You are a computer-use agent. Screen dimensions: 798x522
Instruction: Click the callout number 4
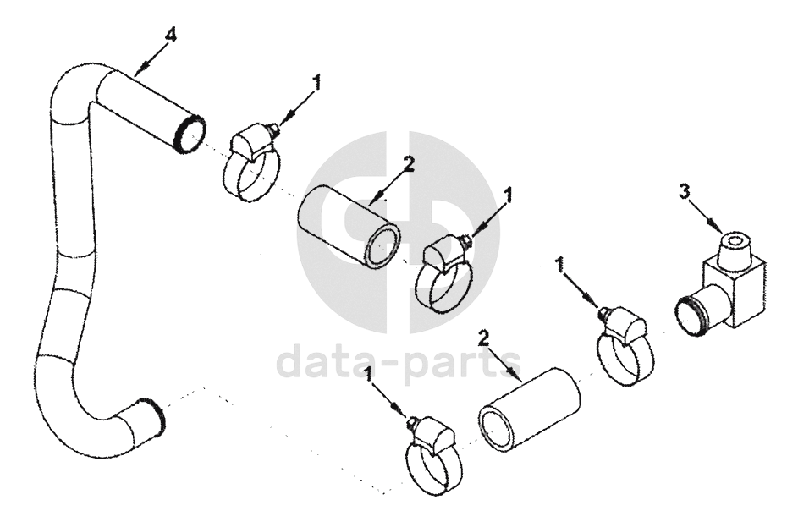(x=172, y=36)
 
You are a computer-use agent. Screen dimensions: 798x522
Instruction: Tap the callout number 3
(x=685, y=192)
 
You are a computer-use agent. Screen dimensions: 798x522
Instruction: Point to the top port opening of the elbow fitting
(x=735, y=240)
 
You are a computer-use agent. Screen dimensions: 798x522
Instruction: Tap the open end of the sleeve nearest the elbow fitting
(x=496, y=430)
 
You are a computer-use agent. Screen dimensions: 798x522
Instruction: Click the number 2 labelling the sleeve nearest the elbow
(x=483, y=338)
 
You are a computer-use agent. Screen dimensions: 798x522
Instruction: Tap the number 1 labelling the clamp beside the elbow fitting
(x=561, y=265)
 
